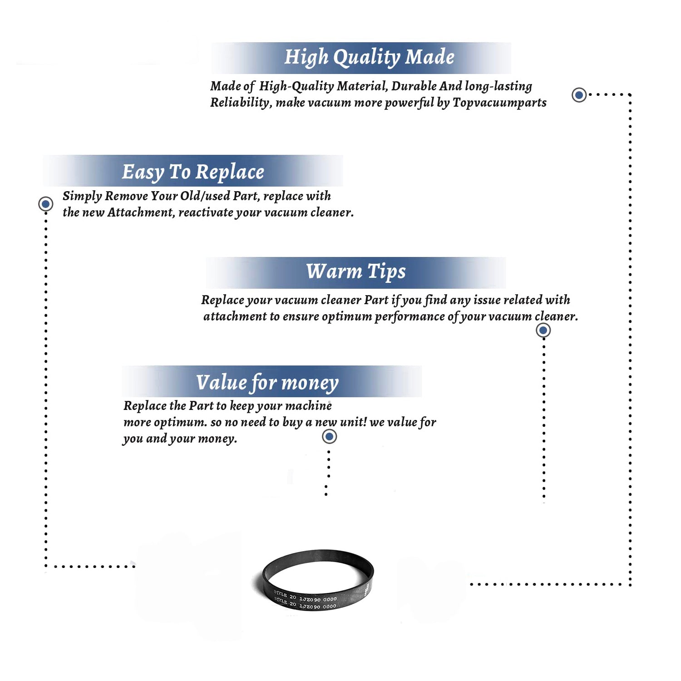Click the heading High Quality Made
tap(369, 58)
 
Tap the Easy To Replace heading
tap(193, 172)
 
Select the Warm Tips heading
tap(355, 272)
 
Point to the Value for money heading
tap(267, 382)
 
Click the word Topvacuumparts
tap(499, 103)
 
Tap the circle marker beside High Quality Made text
tap(579, 95)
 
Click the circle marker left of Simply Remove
tap(46, 204)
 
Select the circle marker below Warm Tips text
tap(543, 330)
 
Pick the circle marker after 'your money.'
tap(329, 437)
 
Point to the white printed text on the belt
tap(306, 602)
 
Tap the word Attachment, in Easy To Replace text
tap(141, 212)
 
